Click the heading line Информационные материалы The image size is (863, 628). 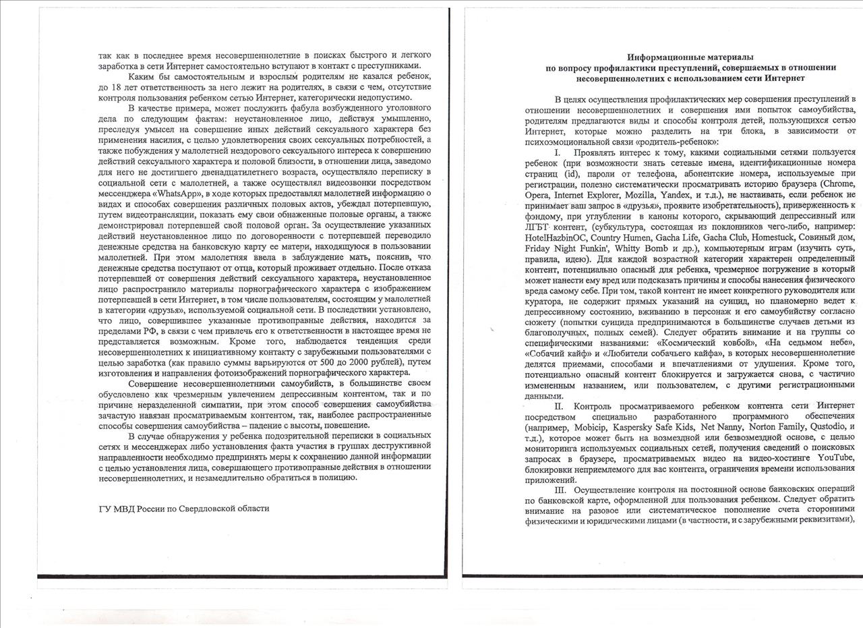[691, 57]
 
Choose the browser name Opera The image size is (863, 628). [537, 195]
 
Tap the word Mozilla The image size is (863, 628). [643, 195]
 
